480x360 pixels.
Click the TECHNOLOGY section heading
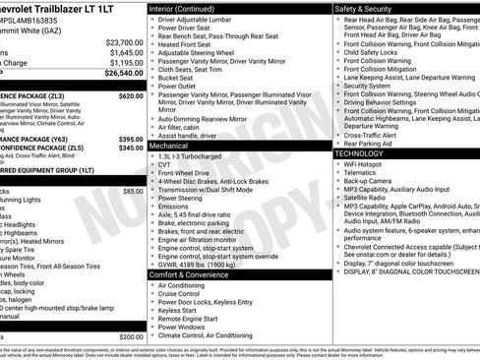click(x=365, y=154)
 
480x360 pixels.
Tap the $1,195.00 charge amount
click(x=125, y=62)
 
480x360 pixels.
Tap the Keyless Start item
click(x=178, y=310)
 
